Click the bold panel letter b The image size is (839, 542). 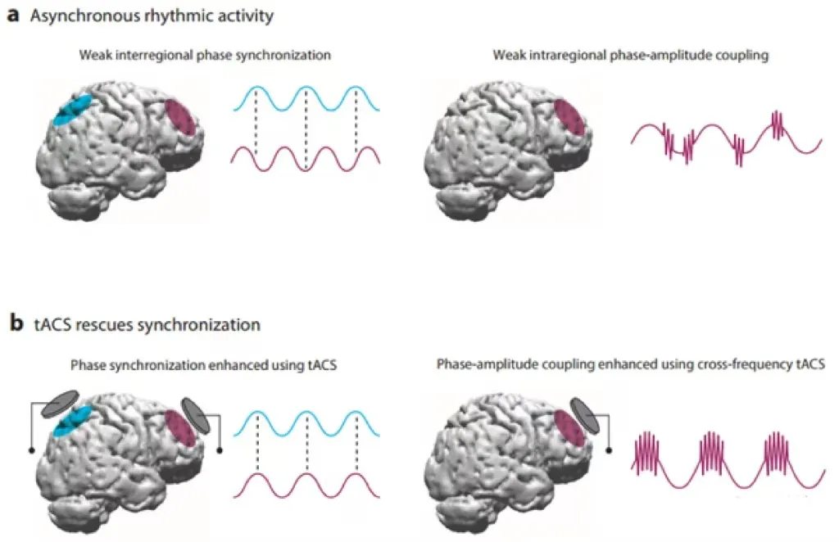(14, 324)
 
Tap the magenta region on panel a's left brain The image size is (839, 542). (182, 117)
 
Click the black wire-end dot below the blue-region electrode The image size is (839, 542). (31, 450)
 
